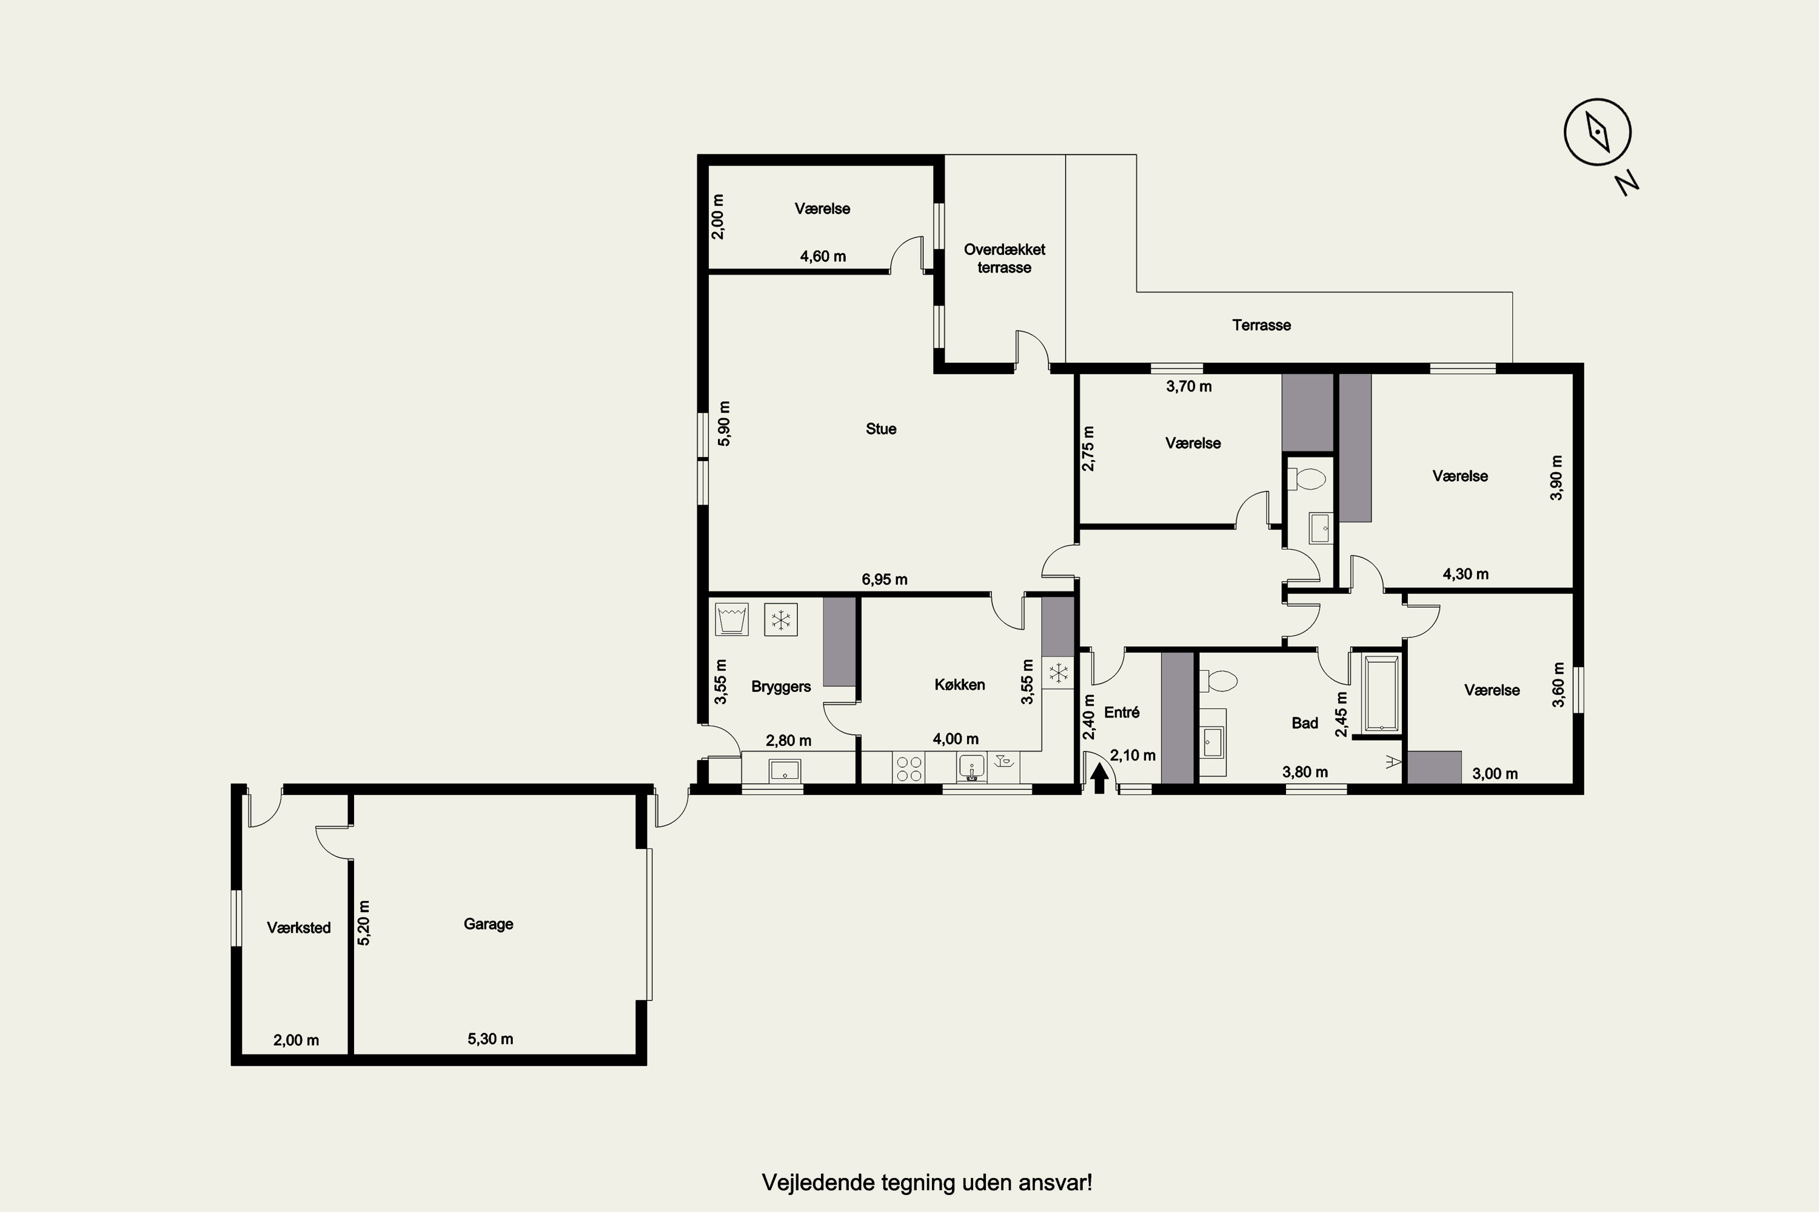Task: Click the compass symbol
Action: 1598,132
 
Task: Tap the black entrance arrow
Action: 1099,777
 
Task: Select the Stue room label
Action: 881,429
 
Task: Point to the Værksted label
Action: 298,928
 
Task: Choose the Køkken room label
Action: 960,685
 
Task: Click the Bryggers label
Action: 781,687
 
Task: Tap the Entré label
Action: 1121,712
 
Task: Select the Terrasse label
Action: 1261,325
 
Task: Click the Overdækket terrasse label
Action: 1005,258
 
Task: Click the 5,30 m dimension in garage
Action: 491,1039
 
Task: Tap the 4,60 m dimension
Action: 823,256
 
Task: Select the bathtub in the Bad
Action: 1381,693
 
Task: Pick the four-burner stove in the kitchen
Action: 909,768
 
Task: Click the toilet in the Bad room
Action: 1218,681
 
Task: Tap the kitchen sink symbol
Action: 971,768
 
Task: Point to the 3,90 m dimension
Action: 1557,478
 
